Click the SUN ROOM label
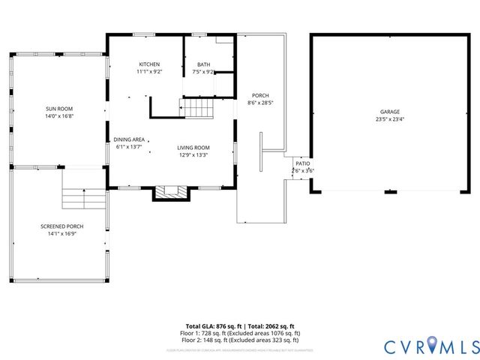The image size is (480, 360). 59,109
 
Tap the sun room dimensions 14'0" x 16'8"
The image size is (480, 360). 59,116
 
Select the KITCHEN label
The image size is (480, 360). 149,64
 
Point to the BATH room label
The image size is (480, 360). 203,64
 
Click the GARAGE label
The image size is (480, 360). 389,112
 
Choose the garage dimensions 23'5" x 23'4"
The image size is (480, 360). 389,119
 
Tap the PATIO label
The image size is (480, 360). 302,163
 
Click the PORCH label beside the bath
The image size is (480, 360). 260,95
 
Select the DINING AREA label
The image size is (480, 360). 129,139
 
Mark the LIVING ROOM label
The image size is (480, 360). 193,148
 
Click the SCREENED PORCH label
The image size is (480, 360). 61,226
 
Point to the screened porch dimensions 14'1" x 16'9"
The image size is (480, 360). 61,233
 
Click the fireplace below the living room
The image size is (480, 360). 172,193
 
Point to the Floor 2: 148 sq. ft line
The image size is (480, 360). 240,339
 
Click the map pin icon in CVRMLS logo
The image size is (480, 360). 416,346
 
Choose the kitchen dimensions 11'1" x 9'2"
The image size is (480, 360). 149,72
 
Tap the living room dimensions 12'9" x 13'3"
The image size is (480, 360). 193,155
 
